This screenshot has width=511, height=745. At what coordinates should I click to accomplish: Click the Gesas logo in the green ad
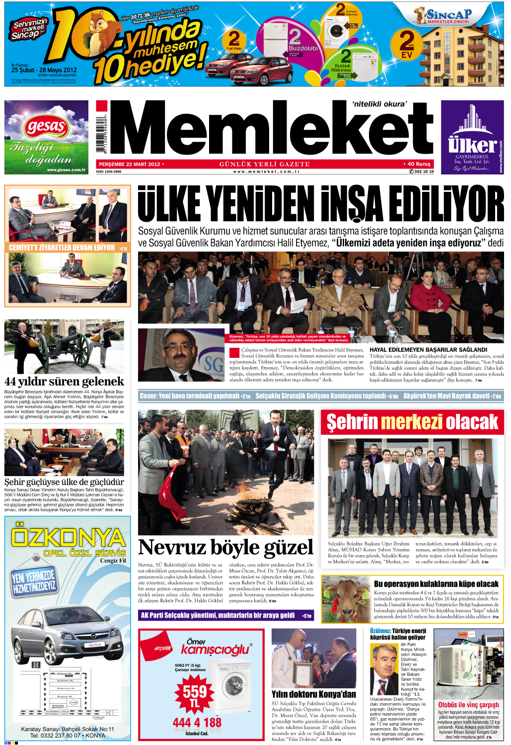[46, 127]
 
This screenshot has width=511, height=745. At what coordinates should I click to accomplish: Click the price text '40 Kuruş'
[419, 164]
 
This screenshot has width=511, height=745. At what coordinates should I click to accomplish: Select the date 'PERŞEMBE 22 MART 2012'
[129, 164]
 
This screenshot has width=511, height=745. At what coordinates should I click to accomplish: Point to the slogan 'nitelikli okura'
[379, 104]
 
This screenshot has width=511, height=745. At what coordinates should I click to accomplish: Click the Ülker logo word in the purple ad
[472, 145]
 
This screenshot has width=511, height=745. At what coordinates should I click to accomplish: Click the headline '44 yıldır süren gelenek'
[64, 382]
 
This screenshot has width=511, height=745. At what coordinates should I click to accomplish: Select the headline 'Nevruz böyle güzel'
[226, 548]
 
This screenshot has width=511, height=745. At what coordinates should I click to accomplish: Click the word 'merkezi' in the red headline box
[412, 422]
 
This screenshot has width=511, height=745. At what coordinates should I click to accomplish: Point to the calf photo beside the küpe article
[346, 598]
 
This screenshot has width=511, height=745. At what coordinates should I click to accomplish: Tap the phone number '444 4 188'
[197, 723]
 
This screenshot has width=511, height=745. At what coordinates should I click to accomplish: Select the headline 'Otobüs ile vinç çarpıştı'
[468, 705]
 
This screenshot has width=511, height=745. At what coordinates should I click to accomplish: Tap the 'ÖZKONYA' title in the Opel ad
[68, 537]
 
